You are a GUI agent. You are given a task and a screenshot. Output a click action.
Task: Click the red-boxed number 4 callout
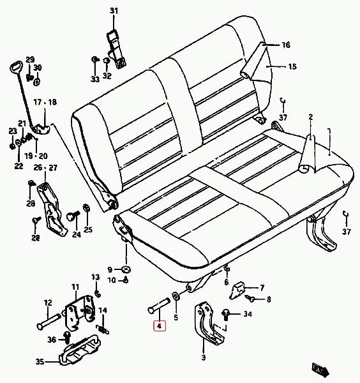pyautogui.click(x=160, y=326)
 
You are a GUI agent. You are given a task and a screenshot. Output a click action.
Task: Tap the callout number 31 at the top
pyautogui.click(x=114, y=11)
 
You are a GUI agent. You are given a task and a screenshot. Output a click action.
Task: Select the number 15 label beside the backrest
pyautogui.click(x=292, y=66)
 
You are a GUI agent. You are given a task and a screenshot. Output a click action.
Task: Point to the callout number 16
pyautogui.click(x=286, y=45)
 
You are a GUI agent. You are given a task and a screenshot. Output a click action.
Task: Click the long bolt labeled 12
pyautogui.click(x=49, y=322)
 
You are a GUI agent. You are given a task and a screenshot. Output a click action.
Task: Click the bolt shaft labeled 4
pyautogui.click(x=159, y=305)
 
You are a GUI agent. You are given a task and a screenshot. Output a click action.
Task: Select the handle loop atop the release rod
pyautogui.click(x=17, y=66)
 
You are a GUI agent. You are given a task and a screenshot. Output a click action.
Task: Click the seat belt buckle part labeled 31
pyautogui.click(x=117, y=49)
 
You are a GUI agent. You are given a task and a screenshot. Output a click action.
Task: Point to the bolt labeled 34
pyautogui.click(x=225, y=315)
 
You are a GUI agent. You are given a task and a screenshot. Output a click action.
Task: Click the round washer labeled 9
pyautogui.click(x=126, y=269)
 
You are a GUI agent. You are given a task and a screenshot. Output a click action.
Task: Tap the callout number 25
pyautogui.click(x=88, y=230)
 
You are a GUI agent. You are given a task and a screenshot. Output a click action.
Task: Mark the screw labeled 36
pyautogui.click(x=66, y=337)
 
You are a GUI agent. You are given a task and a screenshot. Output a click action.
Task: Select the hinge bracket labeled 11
pyautogui.click(x=79, y=313)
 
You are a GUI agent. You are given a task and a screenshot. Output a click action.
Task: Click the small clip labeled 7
pyautogui.click(x=237, y=290)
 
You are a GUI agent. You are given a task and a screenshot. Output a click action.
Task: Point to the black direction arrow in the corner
pyautogui.click(x=320, y=369)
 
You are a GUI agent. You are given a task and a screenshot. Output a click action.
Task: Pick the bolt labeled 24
pyautogui.click(x=73, y=216)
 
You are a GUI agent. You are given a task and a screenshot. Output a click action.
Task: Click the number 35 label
pyautogui.click(x=40, y=361)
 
